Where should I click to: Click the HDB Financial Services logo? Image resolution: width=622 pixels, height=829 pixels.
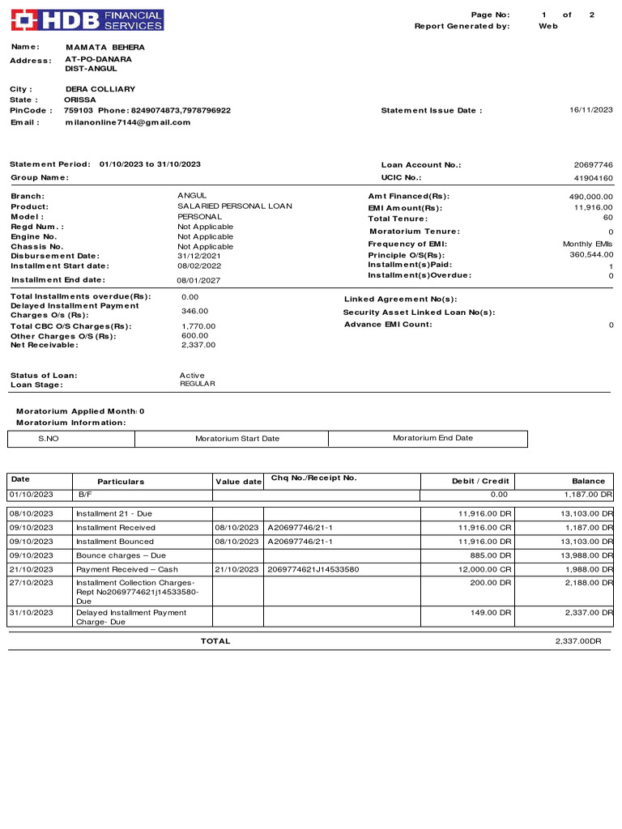[87, 20]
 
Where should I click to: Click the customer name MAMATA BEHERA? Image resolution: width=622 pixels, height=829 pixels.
[105, 48]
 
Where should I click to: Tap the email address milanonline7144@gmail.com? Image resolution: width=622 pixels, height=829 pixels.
[128, 122]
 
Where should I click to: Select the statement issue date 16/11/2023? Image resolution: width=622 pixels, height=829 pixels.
[590, 110]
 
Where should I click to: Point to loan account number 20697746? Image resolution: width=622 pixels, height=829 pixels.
[594, 165]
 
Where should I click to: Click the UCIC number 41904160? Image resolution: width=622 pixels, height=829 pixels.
[594, 178]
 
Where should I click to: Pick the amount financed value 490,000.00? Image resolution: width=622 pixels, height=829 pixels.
[591, 197]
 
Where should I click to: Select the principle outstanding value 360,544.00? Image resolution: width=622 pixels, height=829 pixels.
[591, 255]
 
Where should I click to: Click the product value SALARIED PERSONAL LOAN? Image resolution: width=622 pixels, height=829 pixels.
[235, 206]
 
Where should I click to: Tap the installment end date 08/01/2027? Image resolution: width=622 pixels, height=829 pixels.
[198, 281]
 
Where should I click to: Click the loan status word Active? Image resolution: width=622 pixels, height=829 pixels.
[192, 376]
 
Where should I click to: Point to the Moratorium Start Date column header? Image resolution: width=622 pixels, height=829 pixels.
[237, 439]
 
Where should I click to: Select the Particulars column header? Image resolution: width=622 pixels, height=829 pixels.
[121, 482]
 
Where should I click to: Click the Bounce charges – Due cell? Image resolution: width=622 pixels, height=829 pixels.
[121, 556]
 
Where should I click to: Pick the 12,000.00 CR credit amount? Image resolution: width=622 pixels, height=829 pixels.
[484, 570]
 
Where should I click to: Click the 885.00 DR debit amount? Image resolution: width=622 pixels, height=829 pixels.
[492, 556]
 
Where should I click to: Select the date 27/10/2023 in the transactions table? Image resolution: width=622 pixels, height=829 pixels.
[32, 583]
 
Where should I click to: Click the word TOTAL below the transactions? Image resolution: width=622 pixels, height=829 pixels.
[215, 641]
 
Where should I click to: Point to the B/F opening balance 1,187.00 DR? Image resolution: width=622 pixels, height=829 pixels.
[588, 495]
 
